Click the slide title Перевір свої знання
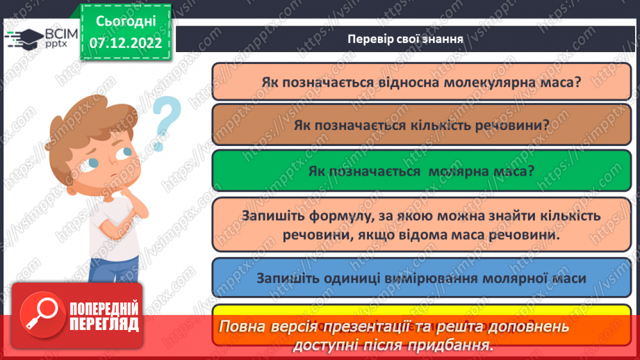(x=405, y=38)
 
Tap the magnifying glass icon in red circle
(x=43, y=317)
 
